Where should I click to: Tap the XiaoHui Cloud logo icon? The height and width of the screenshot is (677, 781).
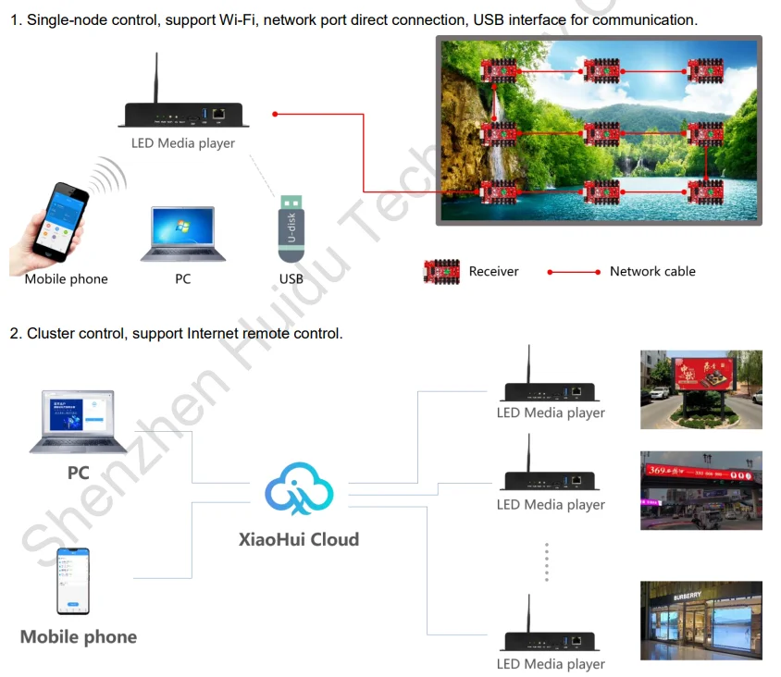pos(298,490)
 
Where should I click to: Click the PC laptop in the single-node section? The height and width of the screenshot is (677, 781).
pos(182,235)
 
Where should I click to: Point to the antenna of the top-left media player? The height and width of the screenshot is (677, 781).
pos(156,78)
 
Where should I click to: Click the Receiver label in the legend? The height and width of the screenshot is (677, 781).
pos(493,271)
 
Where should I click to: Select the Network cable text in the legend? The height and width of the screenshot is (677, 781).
pos(652,271)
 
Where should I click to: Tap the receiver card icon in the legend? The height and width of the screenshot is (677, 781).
pos(441,271)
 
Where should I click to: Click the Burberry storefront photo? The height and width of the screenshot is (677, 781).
pos(700,621)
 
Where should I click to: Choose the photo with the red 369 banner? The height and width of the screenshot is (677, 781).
pos(700,490)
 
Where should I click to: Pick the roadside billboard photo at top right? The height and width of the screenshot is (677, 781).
pos(700,389)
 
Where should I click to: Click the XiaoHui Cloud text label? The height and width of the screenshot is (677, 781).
pos(298,539)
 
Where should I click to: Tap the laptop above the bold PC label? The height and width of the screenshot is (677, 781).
pos(78,423)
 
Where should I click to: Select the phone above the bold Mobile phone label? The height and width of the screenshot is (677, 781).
pos(73,581)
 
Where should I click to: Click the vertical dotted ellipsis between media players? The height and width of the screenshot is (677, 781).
pos(547,562)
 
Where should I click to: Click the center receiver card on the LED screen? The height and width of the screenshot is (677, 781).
pos(601,134)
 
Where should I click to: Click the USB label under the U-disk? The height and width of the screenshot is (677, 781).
pos(291,278)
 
